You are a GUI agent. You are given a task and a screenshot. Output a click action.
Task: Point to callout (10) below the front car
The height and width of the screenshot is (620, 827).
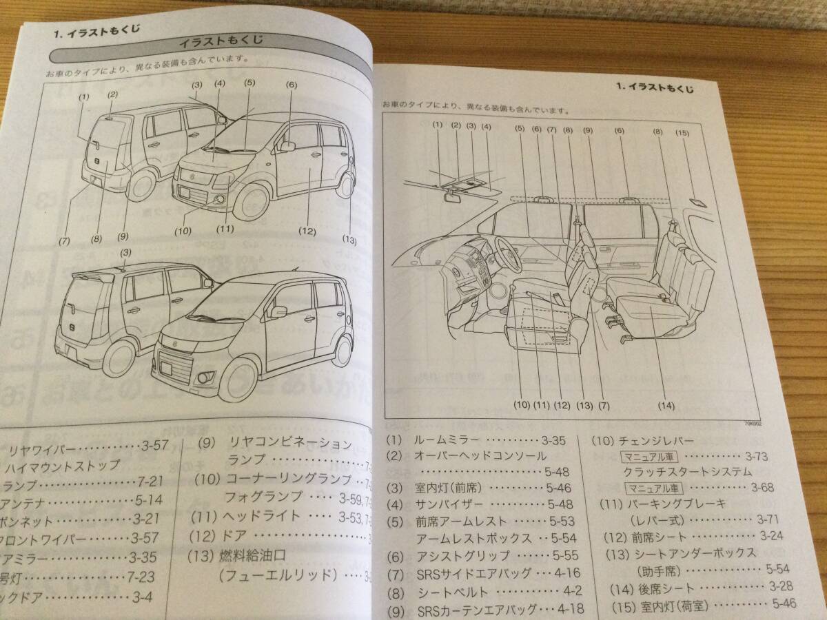(183, 231)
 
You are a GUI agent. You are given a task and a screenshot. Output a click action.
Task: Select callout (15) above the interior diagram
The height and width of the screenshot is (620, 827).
(682, 132)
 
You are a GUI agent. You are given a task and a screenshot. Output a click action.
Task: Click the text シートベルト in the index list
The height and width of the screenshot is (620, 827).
(453, 592)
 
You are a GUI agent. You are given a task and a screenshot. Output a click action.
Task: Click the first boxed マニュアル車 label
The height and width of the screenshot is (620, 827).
(650, 455)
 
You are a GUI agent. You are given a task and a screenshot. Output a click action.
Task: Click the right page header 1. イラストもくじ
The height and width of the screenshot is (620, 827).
(655, 87)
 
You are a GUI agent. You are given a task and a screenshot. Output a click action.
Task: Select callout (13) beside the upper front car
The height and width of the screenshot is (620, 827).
(349, 240)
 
